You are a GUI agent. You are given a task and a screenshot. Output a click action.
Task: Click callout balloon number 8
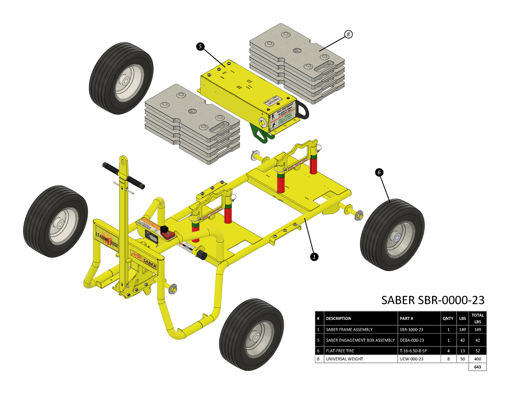(x=348, y=34)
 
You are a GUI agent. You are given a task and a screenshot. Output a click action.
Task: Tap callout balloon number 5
(x=200, y=47)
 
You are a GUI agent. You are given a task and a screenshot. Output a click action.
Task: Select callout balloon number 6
(x=379, y=172)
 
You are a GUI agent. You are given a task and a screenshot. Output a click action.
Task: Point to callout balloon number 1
(x=314, y=257)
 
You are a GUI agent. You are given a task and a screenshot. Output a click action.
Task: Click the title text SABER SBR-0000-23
(x=433, y=300)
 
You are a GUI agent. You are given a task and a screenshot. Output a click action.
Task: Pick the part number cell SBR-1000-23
(x=412, y=330)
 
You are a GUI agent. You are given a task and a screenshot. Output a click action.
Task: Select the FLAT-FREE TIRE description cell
(x=340, y=351)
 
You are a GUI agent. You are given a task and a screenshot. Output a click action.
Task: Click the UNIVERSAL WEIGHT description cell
(x=344, y=359)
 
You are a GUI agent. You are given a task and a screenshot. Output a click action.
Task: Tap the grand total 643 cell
(x=478, y=367)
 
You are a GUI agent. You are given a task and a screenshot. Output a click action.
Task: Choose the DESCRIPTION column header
(x=338, y=319)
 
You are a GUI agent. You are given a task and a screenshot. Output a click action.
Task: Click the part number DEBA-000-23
(x=412, y=340)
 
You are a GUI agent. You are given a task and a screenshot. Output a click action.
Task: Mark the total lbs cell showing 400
(x=478, y=359)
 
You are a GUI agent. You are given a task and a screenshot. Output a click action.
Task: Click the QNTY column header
(x=448, y=319)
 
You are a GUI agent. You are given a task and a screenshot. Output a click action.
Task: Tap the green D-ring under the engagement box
(x=260, y=134)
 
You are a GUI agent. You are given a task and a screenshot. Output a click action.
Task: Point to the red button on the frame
(x=165, y=229)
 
